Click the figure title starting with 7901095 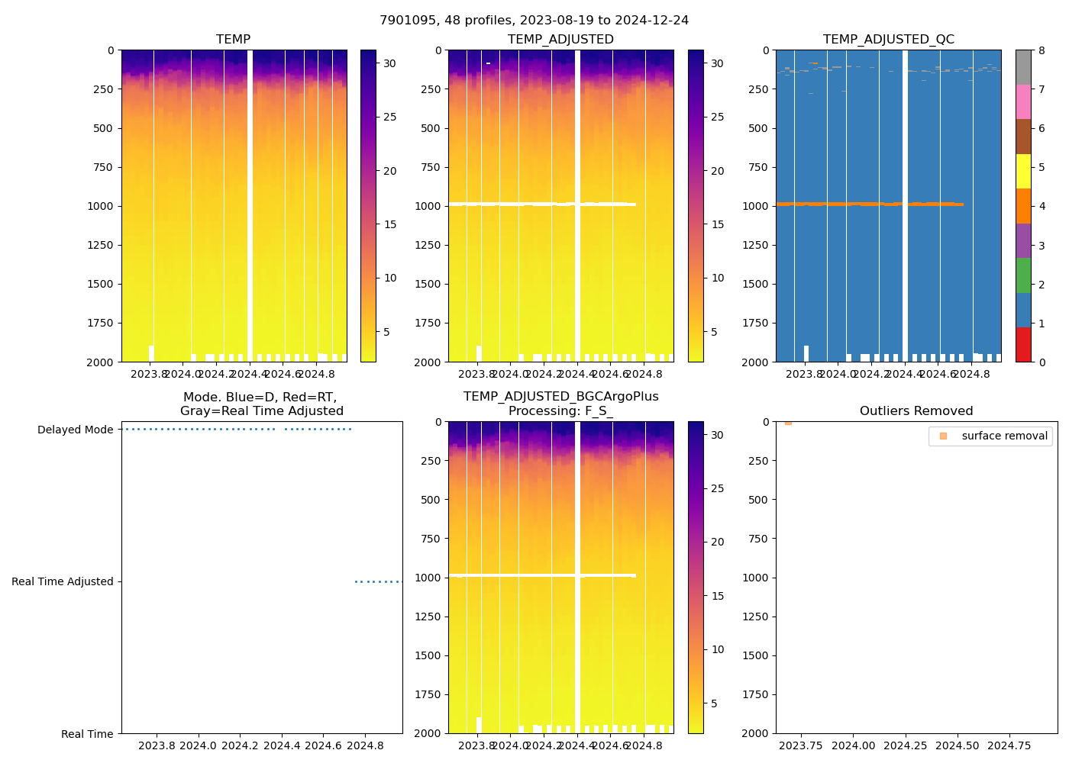pos(534,21)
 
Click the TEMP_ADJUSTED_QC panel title pos(888,40)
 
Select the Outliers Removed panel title pos(916,411)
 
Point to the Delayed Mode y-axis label pos(75,430)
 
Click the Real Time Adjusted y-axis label pos(63,581)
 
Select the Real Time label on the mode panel pos(87,734)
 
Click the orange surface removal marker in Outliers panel pos(788,422)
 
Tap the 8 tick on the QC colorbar pos(1042,50)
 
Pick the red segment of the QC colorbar pos(1023,344)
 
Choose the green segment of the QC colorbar pos(1023,275)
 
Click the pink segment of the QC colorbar pos(1023,102)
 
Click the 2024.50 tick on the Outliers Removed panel pos(958,745)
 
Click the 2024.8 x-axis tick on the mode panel pos(365,745)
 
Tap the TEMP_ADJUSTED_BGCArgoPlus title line pos(560,397)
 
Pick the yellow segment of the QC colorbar pos(1023,171)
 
